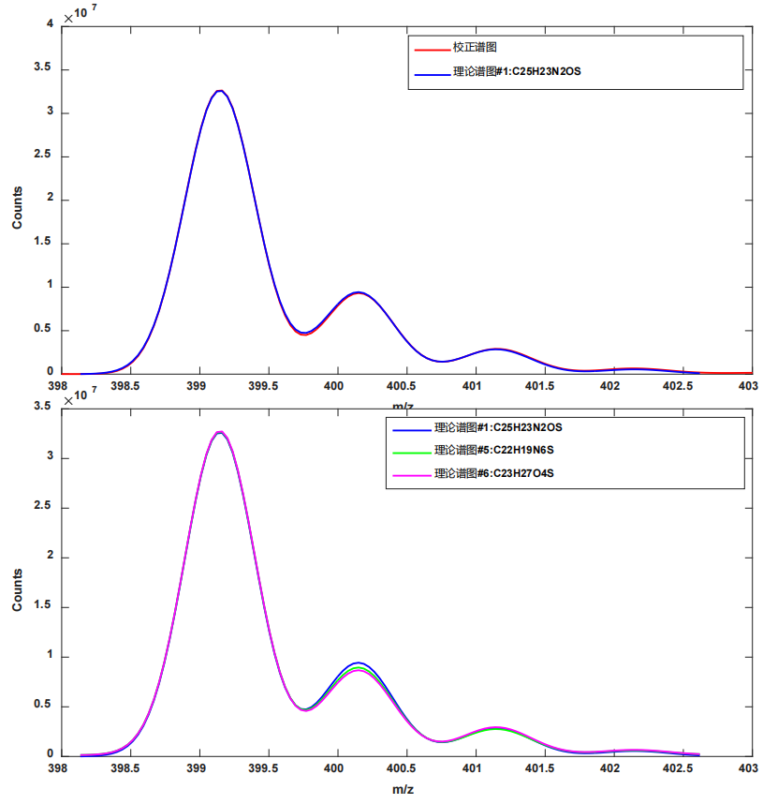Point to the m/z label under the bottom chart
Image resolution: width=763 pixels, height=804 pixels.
click(x=403, y=790)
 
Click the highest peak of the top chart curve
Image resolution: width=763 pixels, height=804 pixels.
click(x=219, y=91)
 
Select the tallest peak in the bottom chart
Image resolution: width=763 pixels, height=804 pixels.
click(x=219, y=432)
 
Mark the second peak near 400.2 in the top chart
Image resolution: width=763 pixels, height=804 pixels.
click(x=358, y=292)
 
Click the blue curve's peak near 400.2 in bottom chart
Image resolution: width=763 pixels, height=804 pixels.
click(x=358, y=663)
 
